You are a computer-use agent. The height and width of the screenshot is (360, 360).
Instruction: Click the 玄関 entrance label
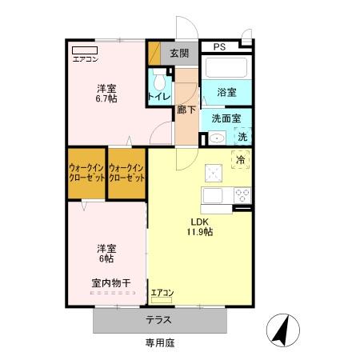(x=179, y=54)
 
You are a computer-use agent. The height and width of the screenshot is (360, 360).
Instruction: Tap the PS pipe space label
(x=220, y=47)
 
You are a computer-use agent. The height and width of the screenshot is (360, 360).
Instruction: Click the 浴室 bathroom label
(x=226, y=92)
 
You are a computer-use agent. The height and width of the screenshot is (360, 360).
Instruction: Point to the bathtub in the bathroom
(x=226, y=66)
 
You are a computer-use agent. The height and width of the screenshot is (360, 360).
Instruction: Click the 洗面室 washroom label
(x=226, y=118)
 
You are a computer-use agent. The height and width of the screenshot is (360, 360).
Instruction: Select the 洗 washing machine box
(x=242, y=138)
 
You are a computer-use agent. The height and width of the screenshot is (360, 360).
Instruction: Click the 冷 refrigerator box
(x=240, y=160)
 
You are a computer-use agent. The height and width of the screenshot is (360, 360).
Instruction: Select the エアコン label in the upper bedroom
(x=86, y=59)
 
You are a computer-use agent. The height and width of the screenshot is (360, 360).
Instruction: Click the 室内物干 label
(x=106, y=283)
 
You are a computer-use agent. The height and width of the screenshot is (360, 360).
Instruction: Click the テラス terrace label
(x=158, y=320)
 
